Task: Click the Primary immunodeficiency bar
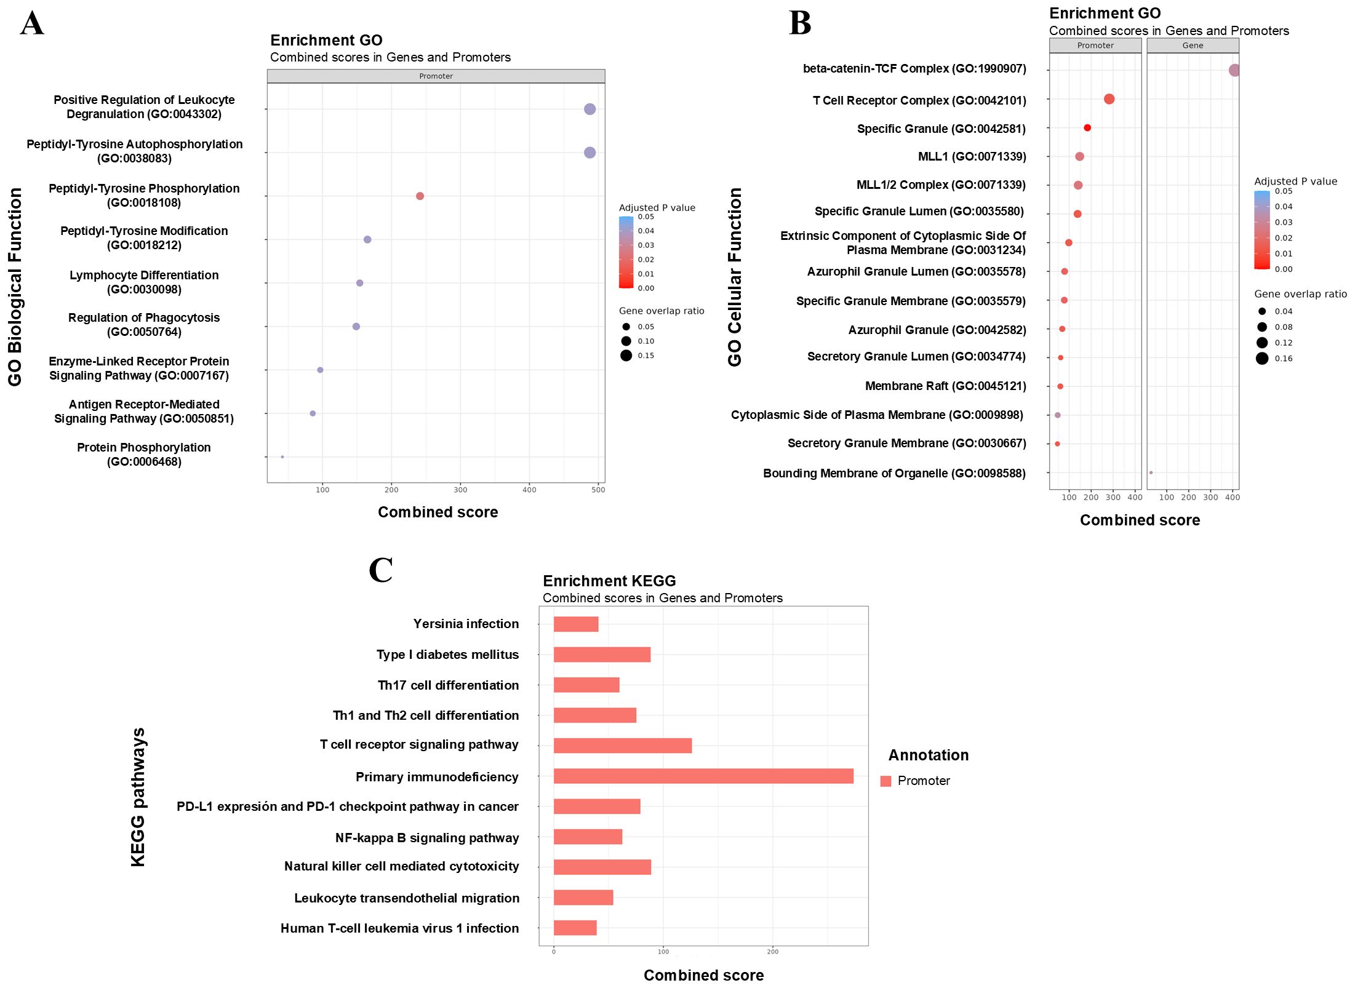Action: tap(703, 776)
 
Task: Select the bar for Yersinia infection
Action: tap(575, 624)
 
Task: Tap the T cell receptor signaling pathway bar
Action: tap(622, 746)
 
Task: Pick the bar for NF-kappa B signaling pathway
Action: tap(588, 837)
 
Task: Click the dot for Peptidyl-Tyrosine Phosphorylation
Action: tap(420, 196)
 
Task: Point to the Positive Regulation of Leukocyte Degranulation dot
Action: tap(590, 109)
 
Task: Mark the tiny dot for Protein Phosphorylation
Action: tap(282, 457)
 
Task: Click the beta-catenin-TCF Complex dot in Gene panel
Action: tap(1234, 70)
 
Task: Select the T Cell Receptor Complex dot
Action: tap(1109, 99)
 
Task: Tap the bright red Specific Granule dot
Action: tap(1087, 128)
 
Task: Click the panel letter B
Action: tap(800, 23)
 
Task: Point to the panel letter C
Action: tap(380, 570)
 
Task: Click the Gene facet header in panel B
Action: tap(1193, 46)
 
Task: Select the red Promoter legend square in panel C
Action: tap(885, 781)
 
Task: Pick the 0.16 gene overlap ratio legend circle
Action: tap(1262, 359)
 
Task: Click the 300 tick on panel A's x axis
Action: tap(460, 490)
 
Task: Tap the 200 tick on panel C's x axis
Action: tap(772, 952)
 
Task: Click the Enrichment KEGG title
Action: tap(609, 581)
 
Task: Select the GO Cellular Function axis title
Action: tap(735, 277)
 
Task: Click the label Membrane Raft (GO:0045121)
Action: tap(945, 386)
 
